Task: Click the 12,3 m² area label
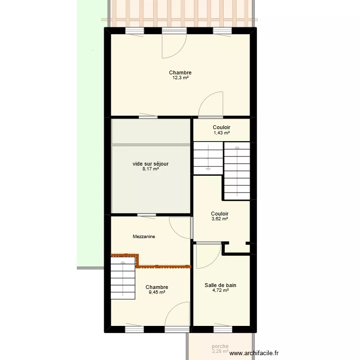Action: [x=180, y=78]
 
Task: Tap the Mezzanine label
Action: [x=144, y=237]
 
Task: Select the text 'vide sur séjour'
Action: [x=151, y=164]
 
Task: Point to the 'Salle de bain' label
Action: [x=220, y=285]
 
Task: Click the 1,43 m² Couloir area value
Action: [x=221, y=133]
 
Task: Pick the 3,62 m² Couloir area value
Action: [x=219, y=219]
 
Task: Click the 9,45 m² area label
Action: [x=156, y=292]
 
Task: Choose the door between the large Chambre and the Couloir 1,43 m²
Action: [x=210, y=106]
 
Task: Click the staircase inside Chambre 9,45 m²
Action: [x=123, y=278]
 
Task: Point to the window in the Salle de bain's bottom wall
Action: [x=222, y=329]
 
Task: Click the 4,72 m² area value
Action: [x=220, y=290]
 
